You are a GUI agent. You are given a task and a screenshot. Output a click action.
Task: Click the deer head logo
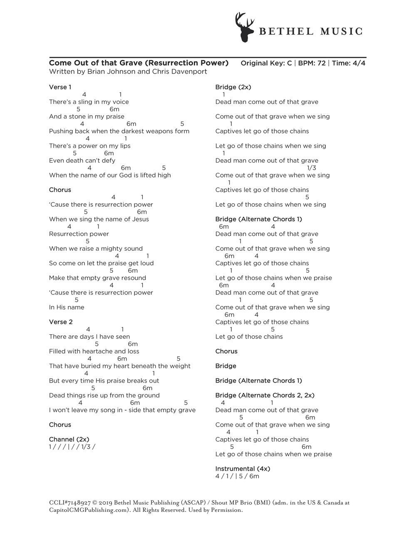(245, 27)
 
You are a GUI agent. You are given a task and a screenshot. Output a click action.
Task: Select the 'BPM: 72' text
(312, 63)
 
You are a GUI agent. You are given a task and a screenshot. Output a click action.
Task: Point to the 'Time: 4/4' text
(349, 63)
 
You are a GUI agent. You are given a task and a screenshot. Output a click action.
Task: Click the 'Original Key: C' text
(266, 63)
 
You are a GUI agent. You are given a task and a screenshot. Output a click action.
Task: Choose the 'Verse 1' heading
(60, 87)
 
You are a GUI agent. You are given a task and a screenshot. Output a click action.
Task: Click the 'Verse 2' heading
(61, 322)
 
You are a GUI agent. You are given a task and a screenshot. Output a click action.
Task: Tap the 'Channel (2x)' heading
(69, 439)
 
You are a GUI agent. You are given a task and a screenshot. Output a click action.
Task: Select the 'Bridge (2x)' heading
(233, 87)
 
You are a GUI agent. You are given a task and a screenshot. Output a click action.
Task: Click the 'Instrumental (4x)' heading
(243, 469)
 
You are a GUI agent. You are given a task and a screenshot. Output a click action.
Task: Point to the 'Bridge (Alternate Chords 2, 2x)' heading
(265, 395)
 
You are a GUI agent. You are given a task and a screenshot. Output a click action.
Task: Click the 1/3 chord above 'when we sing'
(311, 168)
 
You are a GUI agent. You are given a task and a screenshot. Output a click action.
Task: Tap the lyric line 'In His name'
(67, 307)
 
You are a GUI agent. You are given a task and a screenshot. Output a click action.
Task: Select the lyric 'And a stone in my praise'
(87, 116)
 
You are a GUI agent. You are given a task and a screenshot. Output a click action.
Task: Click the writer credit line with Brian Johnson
(128, 72)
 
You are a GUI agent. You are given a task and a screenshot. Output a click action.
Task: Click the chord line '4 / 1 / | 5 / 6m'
(237, 476)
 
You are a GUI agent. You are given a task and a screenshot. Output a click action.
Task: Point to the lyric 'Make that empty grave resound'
(97, 278)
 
